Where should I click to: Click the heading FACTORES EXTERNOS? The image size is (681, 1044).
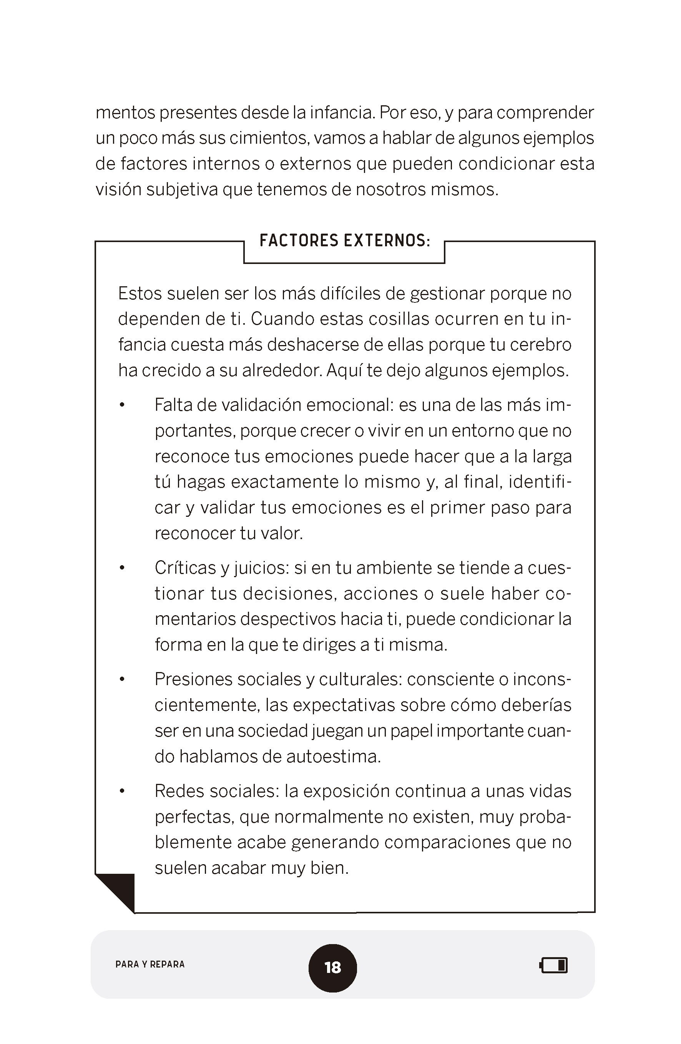pos(344,241)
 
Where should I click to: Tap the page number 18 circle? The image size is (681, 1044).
pos(332,967)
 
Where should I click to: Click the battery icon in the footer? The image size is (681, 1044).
pos(554,965)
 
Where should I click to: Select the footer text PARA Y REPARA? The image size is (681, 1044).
pos(150,964)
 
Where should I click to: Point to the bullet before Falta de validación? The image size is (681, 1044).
pos(123,405)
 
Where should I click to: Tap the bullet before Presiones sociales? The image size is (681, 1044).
pos(123,680)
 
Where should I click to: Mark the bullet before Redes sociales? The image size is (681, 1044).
pos(123,791)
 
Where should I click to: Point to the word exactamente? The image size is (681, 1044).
pos(285,482)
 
